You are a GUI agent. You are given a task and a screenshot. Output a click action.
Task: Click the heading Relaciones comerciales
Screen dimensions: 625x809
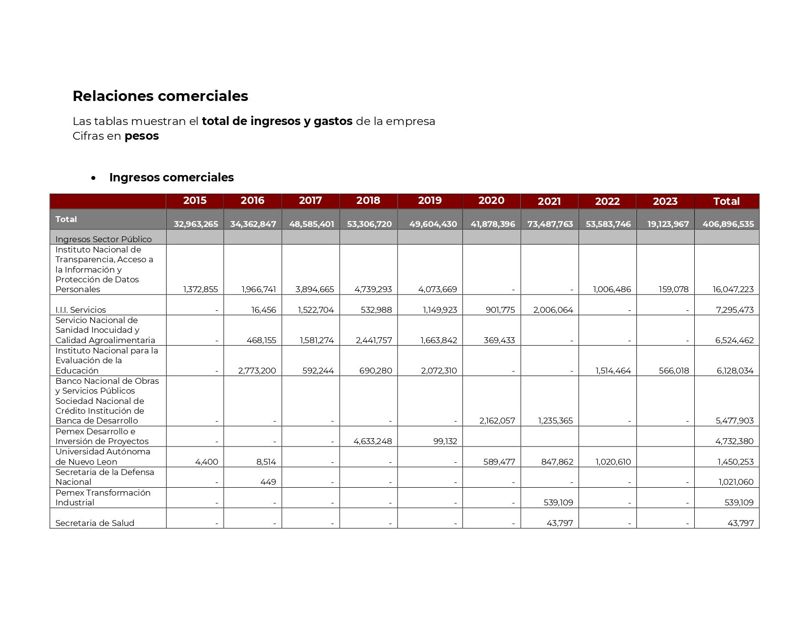(160, 96)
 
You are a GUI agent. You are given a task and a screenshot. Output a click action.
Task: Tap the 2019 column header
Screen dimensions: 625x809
(430, 200)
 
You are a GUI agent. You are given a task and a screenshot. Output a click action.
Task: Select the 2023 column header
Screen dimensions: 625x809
(665, 201)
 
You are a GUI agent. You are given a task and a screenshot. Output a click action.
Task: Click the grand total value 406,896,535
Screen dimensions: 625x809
(728, 224)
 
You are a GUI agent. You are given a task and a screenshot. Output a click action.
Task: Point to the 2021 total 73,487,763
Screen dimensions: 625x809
(550, 224)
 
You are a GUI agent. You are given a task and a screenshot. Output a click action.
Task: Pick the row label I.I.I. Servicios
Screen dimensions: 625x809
(80, 310)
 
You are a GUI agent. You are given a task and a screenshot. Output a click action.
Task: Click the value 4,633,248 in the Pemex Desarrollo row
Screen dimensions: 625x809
(373, 441)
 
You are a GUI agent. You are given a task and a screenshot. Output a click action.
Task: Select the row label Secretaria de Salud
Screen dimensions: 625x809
(95, 523)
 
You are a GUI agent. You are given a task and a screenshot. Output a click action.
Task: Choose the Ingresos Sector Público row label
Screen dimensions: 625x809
(103, 239)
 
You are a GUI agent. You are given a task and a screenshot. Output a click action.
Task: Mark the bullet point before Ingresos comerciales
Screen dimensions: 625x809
(93, 178)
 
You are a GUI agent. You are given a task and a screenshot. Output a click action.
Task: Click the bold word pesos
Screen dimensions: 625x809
(142, 136)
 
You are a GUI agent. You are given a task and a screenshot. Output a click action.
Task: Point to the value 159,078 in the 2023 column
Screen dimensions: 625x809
(674, 289)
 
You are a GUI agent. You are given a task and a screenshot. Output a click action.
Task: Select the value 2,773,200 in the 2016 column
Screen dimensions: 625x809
(257, 371)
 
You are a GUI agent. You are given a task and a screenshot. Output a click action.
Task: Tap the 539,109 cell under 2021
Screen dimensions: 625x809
(558, 502)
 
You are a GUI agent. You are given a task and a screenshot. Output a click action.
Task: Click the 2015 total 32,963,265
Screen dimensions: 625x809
(196, 224)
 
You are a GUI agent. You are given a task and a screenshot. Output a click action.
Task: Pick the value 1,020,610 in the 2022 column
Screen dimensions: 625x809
(612, 462)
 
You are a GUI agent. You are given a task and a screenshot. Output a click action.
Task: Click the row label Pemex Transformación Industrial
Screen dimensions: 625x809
(102, 498)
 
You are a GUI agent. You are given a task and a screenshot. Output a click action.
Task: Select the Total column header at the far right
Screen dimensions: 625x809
(726, 201)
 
